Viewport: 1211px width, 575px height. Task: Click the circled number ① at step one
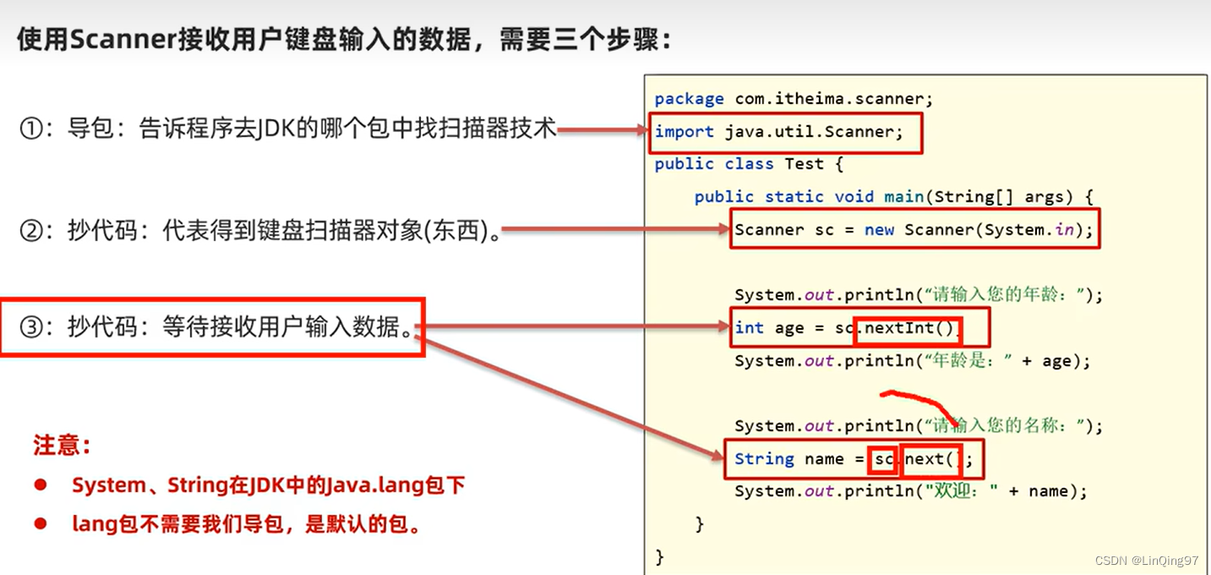(31, 129)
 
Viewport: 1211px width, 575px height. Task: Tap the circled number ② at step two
(31, 230)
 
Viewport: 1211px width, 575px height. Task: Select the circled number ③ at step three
(31, 327)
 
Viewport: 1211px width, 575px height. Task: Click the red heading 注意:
(62, 445)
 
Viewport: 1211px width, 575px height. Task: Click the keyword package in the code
(689, 99)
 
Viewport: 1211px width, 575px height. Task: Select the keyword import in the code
(684, 132)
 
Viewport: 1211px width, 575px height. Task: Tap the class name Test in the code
(804, 164)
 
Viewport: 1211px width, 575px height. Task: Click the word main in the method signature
(903, 197)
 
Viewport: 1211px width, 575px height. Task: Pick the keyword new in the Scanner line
(879, 230)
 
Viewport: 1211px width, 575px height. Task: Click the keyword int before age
(749, 328)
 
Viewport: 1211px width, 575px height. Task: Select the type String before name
(764, 459)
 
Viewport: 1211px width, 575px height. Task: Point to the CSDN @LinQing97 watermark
(1147, 561)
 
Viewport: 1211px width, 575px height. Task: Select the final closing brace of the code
(659, 556)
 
